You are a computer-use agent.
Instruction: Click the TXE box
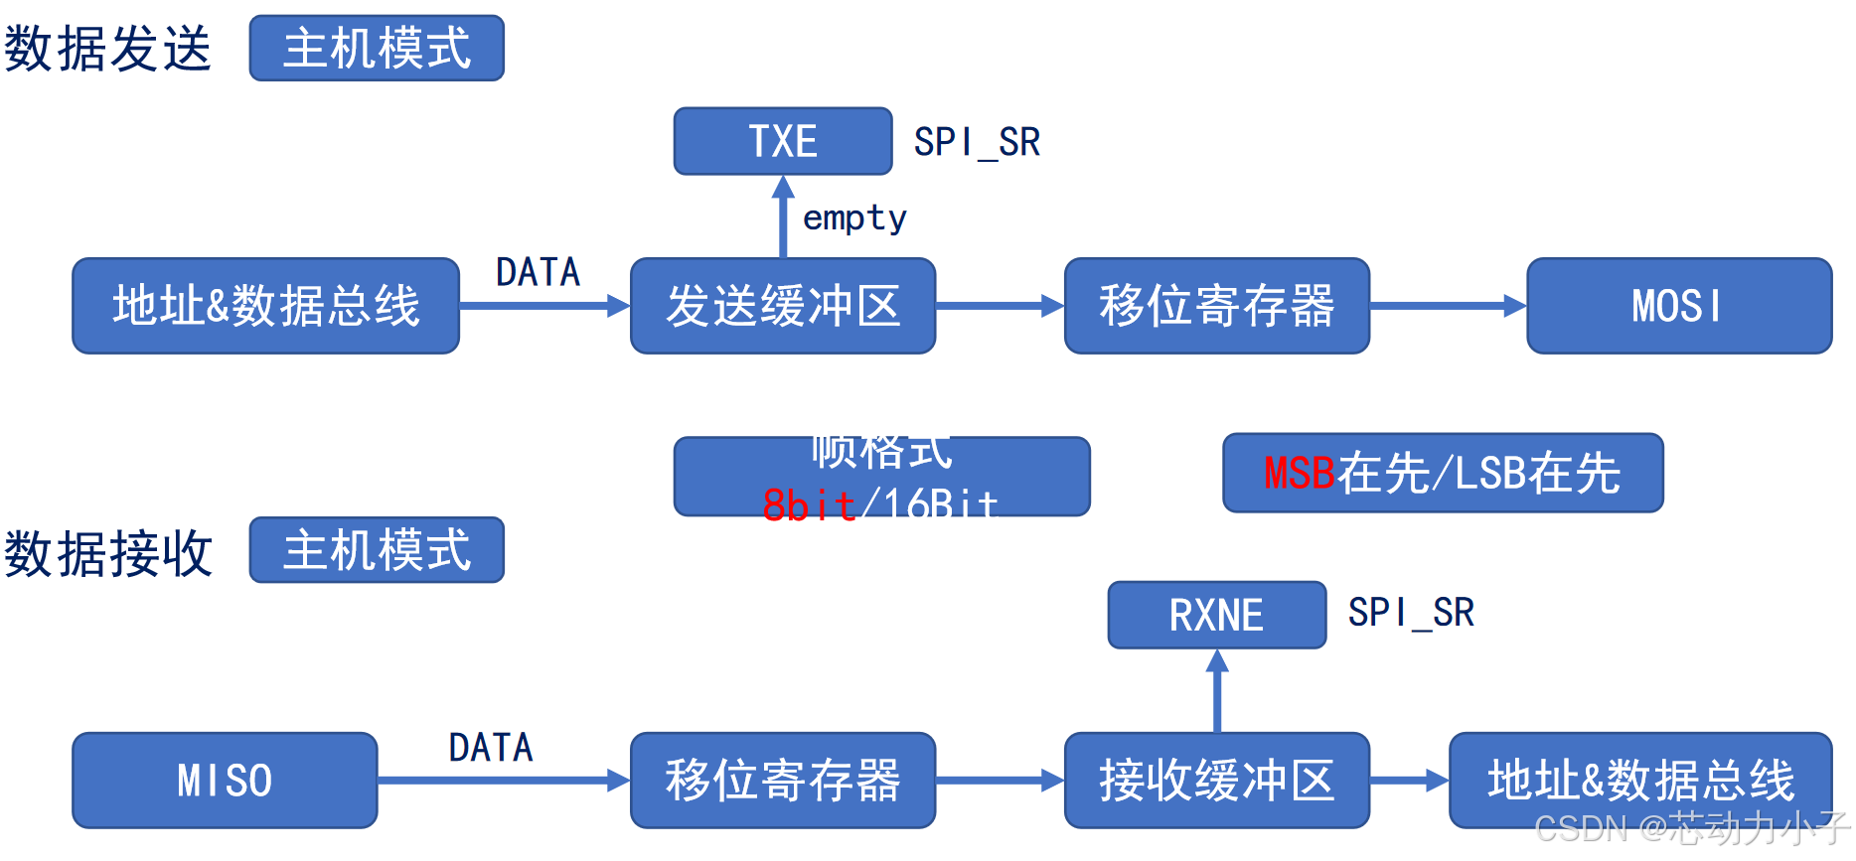tap(782, 141)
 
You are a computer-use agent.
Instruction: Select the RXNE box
tap(1216, 615)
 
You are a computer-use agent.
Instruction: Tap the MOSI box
tap(1678, 306)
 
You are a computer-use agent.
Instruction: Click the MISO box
tap(225, 780)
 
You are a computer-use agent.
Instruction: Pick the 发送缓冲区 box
tap(782, 306)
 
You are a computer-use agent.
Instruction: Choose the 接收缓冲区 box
tap(1216, 780)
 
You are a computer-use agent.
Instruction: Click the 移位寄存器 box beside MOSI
tap(1216, 306)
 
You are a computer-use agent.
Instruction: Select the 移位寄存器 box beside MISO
tap(782, 780)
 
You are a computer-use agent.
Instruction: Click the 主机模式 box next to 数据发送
tap(377, 48)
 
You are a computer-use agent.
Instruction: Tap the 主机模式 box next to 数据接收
tap(377, 549)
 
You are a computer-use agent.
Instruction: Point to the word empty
tap(854, 217)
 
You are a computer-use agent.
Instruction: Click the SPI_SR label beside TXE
tap(977, 142)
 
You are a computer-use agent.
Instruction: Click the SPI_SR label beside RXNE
tap(1411, 613)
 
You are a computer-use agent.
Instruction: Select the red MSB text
tap(1299, 473)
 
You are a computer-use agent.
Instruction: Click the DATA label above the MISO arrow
tap(491, 748)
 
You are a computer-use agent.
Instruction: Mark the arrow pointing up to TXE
tap(783, 217)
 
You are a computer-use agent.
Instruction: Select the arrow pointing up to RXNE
tap(1217, 691)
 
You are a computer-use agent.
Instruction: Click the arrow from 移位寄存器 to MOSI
tap(1448, 306)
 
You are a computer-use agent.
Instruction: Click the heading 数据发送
tap(107, 49)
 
